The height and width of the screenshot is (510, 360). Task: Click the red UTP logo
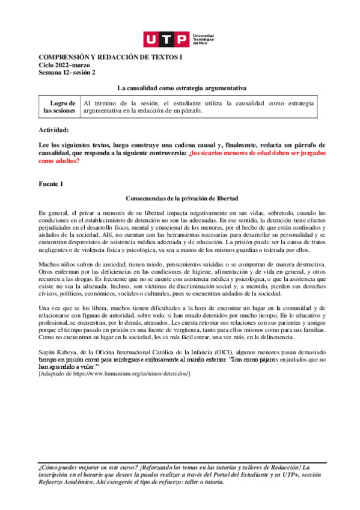(x=166, y=40)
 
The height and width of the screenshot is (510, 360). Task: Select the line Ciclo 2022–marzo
(x=61, y=64)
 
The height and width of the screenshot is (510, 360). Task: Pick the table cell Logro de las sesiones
(x=59, y=107)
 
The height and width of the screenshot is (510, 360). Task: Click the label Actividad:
(x=53, y=130)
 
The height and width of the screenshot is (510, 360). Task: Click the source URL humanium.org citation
(x=114, y=374)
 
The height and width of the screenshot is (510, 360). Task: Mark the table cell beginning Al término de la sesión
(x=198, y=107)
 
